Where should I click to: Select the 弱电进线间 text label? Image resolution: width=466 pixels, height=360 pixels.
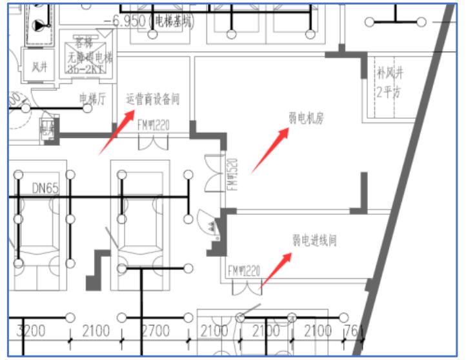coord(314,240)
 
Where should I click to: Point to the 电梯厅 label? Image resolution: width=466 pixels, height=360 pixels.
coord(92,98)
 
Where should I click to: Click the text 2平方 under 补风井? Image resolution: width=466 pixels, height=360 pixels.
coord(389,92)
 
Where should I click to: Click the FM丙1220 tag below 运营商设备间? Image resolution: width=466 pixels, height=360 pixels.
coord(154,125)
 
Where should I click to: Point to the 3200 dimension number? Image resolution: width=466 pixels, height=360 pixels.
coord(30,331)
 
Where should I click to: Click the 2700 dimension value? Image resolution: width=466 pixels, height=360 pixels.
coord(155,331)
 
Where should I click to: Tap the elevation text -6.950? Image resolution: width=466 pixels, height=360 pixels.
coord(125,21)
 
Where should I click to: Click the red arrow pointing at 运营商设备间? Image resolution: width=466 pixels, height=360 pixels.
coord(117,132)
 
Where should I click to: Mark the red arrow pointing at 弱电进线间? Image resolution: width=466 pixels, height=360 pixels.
coord(275,270)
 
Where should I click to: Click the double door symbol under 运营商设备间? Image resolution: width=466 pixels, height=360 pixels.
coord(154,143)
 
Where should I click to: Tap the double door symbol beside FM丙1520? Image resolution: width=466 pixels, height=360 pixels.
coord(213,174)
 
